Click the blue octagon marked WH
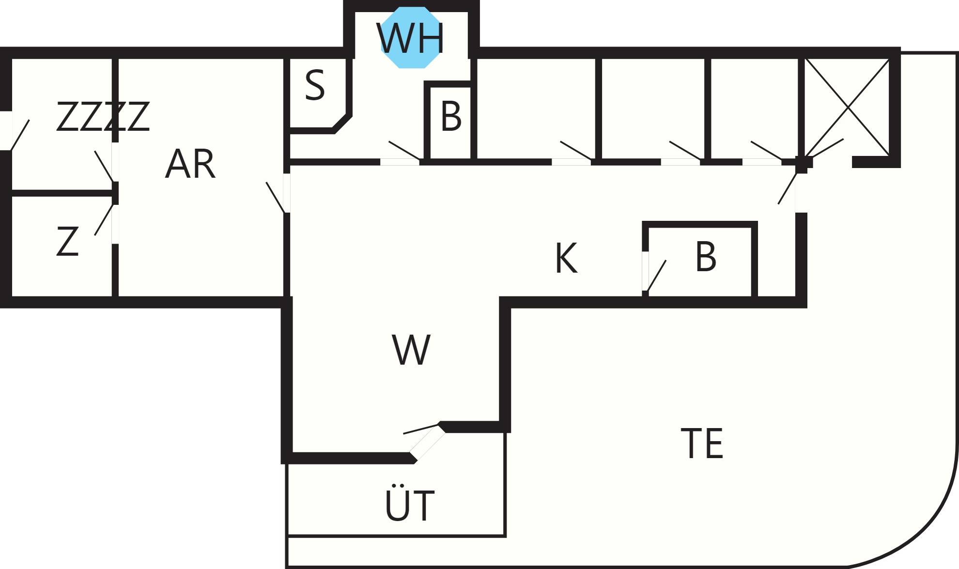coord(411,37)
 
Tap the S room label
coord(315,85)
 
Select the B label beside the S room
coord(451,116)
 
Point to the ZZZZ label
coord(103,116)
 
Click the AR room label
coord(190,164)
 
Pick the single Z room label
coord(67,241)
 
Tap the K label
coord(566,258)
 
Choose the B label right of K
coord(706,257)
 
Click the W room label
coord(411,350)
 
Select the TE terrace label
coord(702,443)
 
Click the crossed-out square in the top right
coord(847,107)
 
